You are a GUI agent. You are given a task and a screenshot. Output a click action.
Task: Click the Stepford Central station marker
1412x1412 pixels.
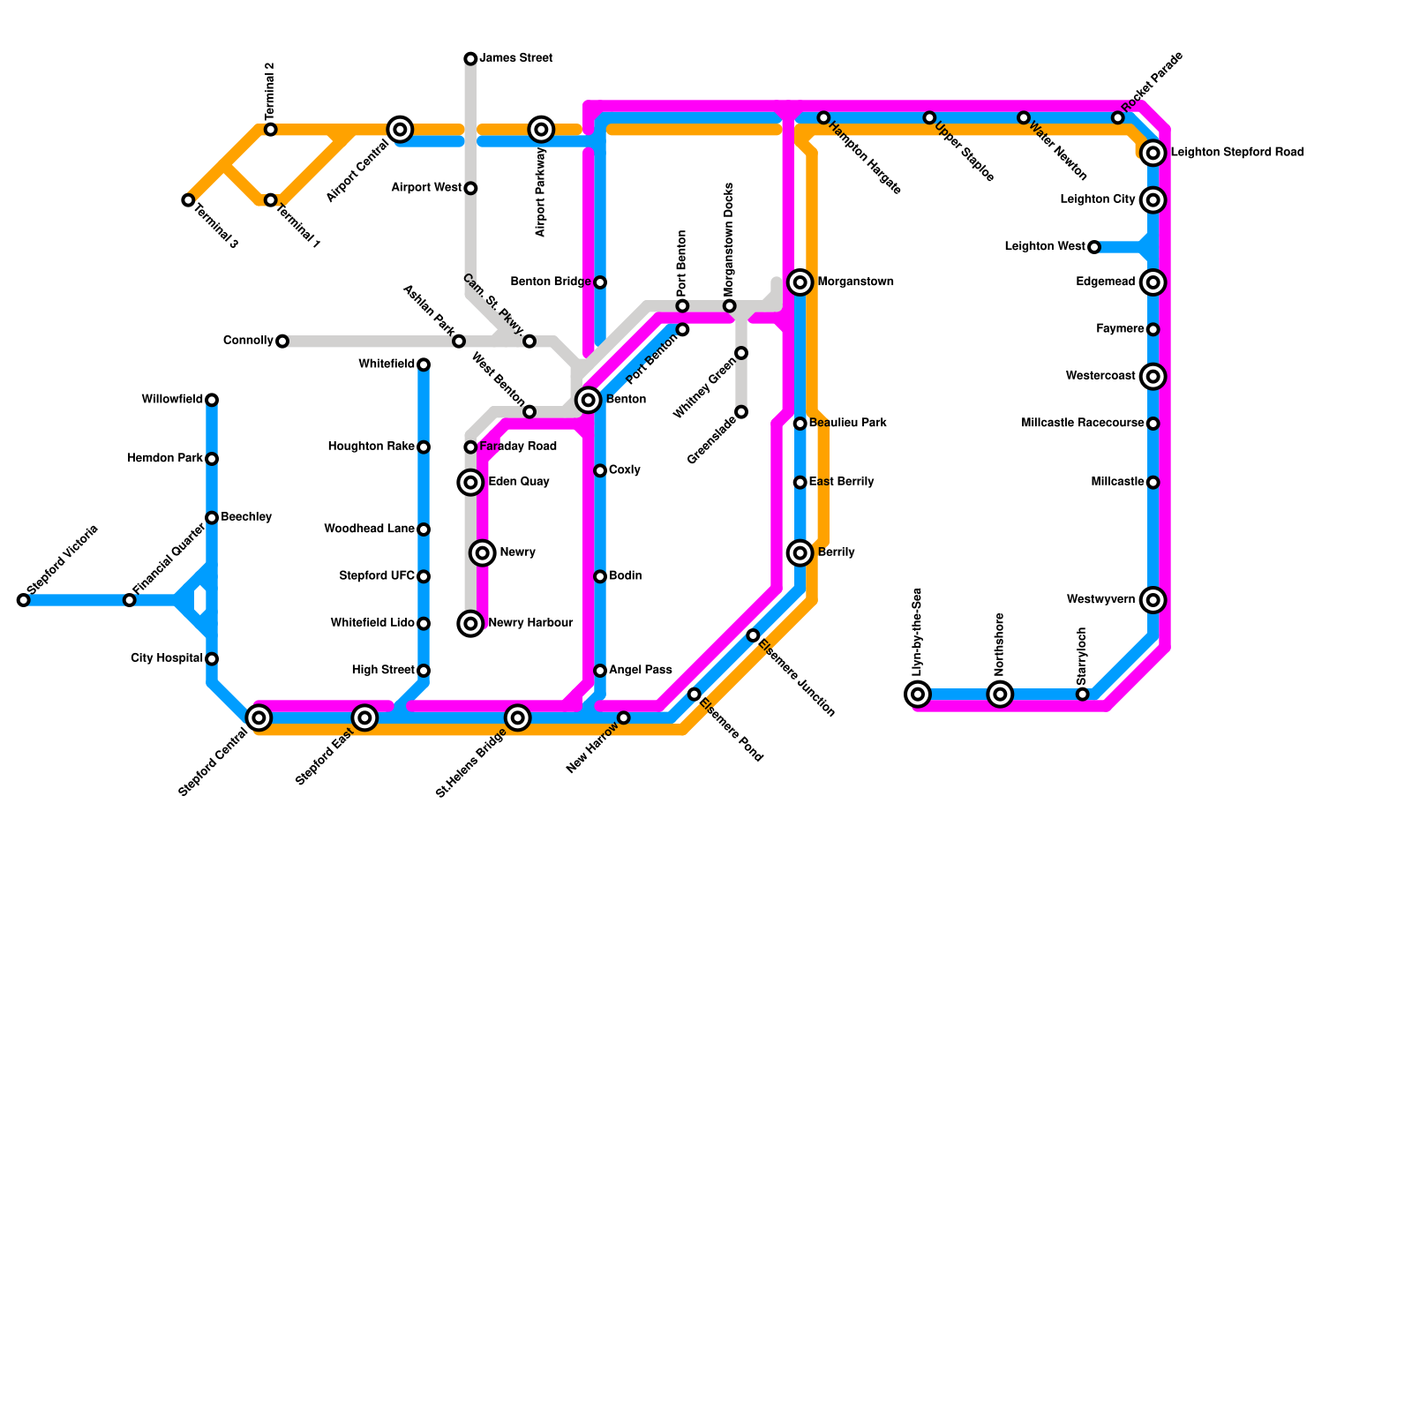coord(259,717)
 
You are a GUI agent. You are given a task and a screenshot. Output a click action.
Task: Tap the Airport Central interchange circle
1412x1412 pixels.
coord(400,130)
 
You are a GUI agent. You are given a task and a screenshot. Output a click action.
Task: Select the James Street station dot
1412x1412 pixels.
coord(470,59)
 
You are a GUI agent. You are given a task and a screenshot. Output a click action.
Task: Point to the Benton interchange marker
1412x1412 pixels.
coord(588,400)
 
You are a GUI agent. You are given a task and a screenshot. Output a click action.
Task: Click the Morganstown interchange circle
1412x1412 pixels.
coord(800,282)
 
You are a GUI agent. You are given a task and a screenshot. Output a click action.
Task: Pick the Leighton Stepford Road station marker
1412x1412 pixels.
coord(1153,154)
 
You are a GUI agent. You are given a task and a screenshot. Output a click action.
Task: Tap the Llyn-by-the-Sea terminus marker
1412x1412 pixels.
coord(918,695)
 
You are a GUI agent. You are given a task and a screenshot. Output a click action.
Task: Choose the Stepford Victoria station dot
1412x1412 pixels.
coord(24,600)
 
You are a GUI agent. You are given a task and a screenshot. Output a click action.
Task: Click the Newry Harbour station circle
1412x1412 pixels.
coord(471,624)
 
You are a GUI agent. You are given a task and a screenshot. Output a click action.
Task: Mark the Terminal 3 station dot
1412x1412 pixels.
coord(188,200)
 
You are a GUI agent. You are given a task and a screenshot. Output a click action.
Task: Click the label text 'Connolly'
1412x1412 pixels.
coord(248,341)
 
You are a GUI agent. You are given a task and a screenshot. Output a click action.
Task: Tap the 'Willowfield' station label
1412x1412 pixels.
coord(172,400)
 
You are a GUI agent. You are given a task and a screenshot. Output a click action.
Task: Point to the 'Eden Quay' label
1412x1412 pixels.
coord(519,482)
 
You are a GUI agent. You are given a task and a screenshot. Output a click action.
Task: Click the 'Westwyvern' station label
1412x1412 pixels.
coord(1100,600)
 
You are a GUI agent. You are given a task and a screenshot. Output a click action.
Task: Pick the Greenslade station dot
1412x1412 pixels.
coord(741,412)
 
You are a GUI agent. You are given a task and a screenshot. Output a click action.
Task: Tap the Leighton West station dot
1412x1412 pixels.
coord(1093,247)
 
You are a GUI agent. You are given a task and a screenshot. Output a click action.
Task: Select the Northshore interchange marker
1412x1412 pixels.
coord(1000,695)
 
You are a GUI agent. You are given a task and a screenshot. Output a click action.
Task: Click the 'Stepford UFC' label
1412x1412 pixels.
coord(377,576)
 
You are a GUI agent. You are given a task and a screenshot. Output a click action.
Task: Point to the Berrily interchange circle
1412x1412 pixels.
coord(800,553)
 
